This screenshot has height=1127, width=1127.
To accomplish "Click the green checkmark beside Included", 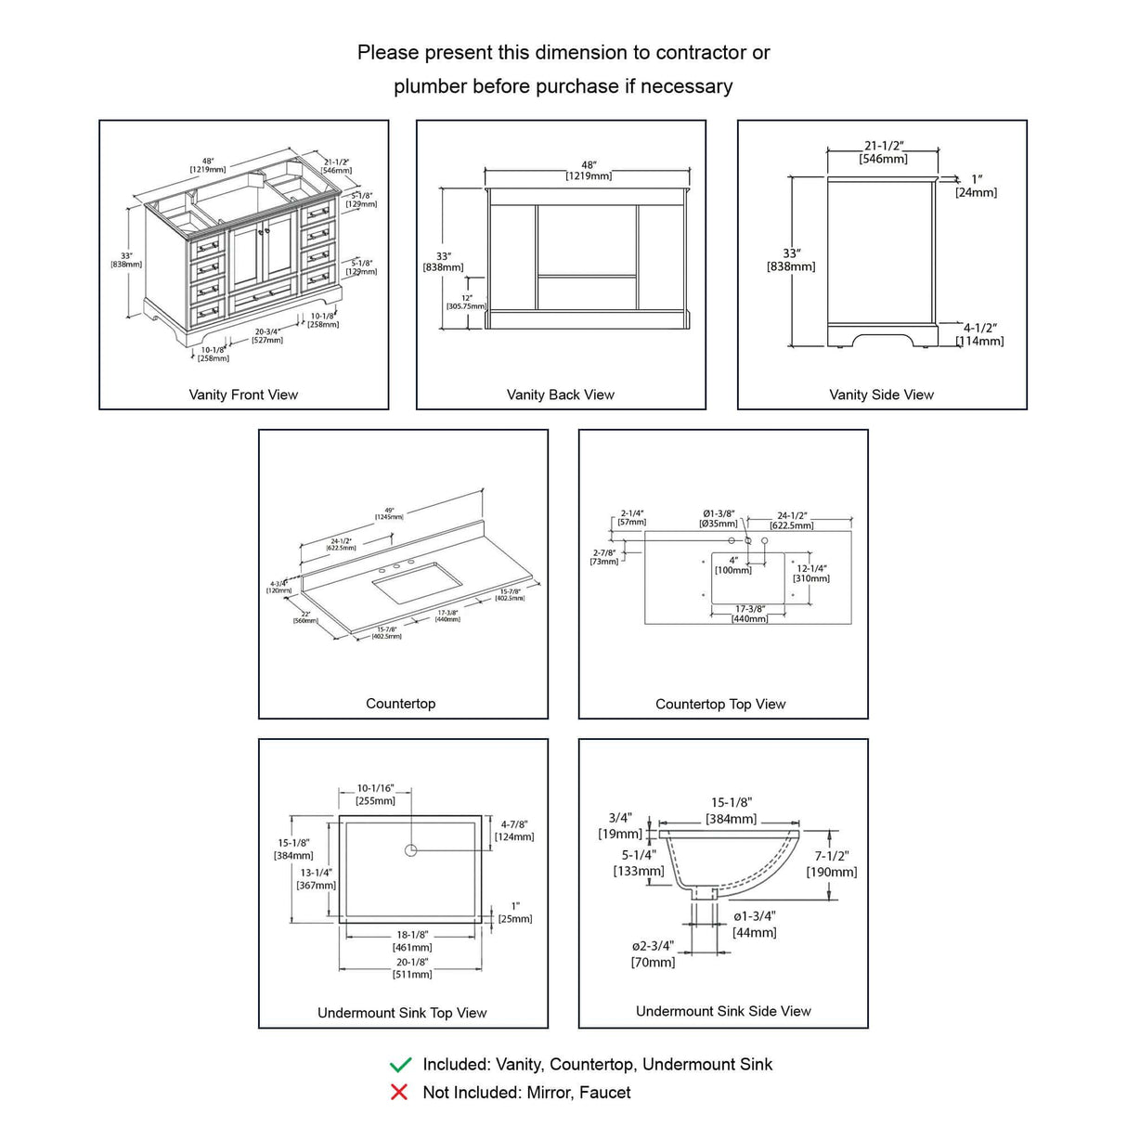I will pyautogui.click(x=400, y=1065).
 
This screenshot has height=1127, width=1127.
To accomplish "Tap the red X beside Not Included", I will pyautogui.click(x=399, y=1093).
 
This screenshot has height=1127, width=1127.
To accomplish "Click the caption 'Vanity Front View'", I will pyautogui.click(x=243, y=395).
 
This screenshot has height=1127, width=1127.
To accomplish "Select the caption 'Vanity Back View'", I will pyautogui.click(x=561, y=395).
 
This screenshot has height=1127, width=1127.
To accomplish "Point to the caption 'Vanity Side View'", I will pyautogui.click(x=882, y=395).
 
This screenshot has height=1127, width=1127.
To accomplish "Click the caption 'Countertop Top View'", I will pyautogui.click(x=720, y=704).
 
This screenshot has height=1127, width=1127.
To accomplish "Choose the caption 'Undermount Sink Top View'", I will pyautogui.click(x=402, y=1013).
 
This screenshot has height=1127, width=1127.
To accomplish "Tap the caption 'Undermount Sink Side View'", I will pyautogui.click(x=723, y=1011).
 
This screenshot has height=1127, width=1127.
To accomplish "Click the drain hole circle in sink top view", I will pyautogui.click(x=411, y=850).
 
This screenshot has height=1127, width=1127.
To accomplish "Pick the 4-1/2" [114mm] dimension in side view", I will pyautogui.click(x=980, y=334).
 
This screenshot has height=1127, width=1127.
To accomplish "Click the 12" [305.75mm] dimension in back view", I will pyautogui.click(x=467, y=302).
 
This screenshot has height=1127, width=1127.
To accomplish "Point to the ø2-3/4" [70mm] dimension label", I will pyautogui.click(x=654, y=954).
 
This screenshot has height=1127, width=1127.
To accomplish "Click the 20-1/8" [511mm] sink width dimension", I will pyautogui.click(x=412, y=967).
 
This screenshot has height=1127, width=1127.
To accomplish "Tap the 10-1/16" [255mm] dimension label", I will pyautogui.click(x=375, y=795).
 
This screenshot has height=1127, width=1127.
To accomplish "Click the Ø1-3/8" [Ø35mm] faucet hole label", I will pyautogui.click(x=719, y=518).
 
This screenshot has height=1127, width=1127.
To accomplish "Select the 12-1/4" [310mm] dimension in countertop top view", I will pyautogui.click(x=811, y=573).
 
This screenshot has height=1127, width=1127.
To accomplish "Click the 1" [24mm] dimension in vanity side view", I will pyautogui.click(x=977, y=186).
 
